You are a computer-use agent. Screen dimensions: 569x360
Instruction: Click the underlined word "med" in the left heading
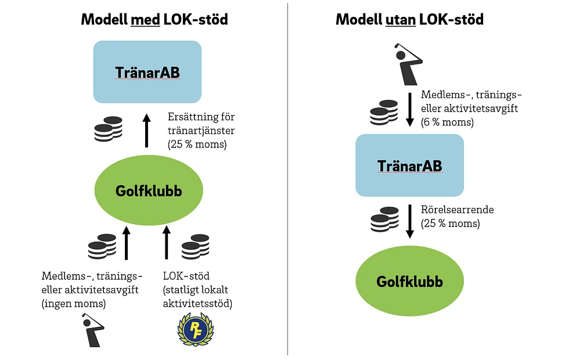(145, 19)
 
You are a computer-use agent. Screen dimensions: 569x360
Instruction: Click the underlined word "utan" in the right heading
(400, 19)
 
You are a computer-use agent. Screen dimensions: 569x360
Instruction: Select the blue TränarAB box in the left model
(147, 72)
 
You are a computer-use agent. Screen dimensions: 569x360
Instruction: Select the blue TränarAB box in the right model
(410, 165)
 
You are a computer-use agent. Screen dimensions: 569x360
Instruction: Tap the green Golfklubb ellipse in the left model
(149, 190)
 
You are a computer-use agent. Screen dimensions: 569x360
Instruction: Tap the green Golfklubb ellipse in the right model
(410, 281)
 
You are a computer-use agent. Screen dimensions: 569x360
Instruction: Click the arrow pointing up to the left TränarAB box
(146, 131)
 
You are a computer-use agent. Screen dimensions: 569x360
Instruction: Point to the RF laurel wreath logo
(195, 330)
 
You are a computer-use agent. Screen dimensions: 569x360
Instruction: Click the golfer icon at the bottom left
(93, 330)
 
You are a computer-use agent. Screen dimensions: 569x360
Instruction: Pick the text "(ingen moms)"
(74, 303)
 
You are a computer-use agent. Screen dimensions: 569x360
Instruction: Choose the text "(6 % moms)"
(447, 122)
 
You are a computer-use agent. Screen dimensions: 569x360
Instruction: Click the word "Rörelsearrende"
(458, 210)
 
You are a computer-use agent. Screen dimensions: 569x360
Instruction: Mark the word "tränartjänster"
(201, 130)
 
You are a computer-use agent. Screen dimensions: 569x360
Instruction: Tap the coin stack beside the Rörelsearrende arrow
(384, 219)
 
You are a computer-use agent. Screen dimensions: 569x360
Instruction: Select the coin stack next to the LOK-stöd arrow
(196, 247)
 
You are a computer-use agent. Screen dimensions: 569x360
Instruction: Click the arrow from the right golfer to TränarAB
(410, 110)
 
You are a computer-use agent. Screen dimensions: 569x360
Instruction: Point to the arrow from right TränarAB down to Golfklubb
(410, 221)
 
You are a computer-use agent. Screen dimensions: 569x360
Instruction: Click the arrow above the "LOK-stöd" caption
(167, 243)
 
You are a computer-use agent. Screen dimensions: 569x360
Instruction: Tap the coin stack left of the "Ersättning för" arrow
(108, 129)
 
